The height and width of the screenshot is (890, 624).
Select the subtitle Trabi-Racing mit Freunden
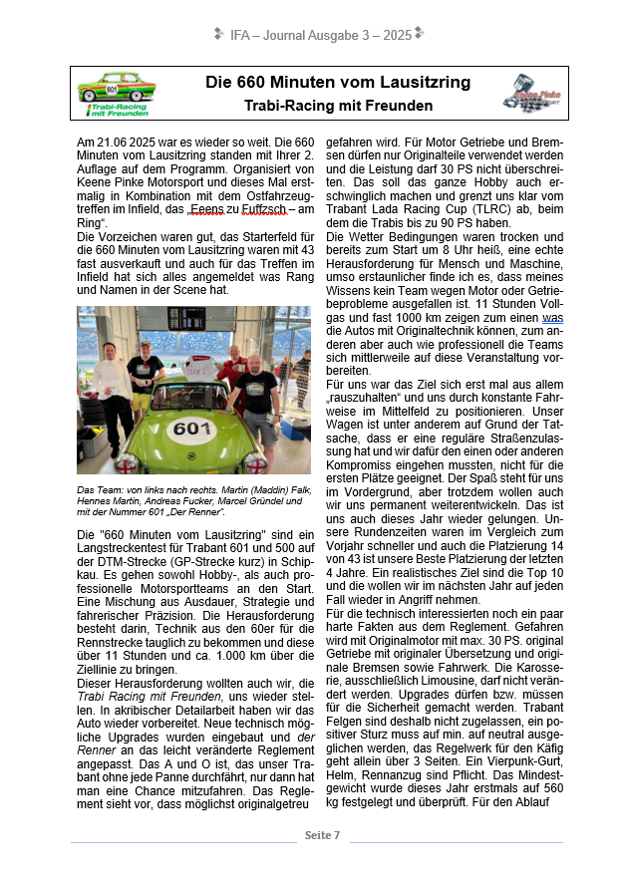(338, 105)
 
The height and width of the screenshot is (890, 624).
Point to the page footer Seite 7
(323, 834)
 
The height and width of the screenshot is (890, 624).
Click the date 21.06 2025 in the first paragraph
(136, 143)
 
